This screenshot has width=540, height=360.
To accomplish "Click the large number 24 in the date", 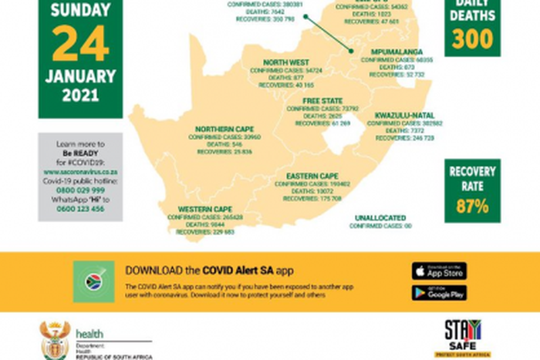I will [x=80, y=43].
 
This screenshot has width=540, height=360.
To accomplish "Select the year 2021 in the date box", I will [x=80, y=96].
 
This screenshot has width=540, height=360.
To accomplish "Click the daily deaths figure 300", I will [x=472, y=39].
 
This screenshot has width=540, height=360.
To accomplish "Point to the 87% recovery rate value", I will [x=472, y=206].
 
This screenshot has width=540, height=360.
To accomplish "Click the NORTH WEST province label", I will [x=285, y=62].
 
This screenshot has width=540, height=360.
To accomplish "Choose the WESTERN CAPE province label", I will [x=205, y=209].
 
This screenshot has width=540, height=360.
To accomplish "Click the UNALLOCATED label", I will [x=380, y=218].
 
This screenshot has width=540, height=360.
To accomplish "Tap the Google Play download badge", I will [x=438, y=293].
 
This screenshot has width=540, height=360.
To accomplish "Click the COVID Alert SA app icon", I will [x=93, y=281].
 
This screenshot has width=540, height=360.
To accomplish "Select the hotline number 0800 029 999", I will [x=80, y=190].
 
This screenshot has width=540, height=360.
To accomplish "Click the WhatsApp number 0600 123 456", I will [x=80, y=210].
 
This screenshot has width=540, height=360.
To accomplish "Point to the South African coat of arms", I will [x=55, y=339].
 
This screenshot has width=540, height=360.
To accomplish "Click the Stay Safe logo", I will [x=463, y=337].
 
